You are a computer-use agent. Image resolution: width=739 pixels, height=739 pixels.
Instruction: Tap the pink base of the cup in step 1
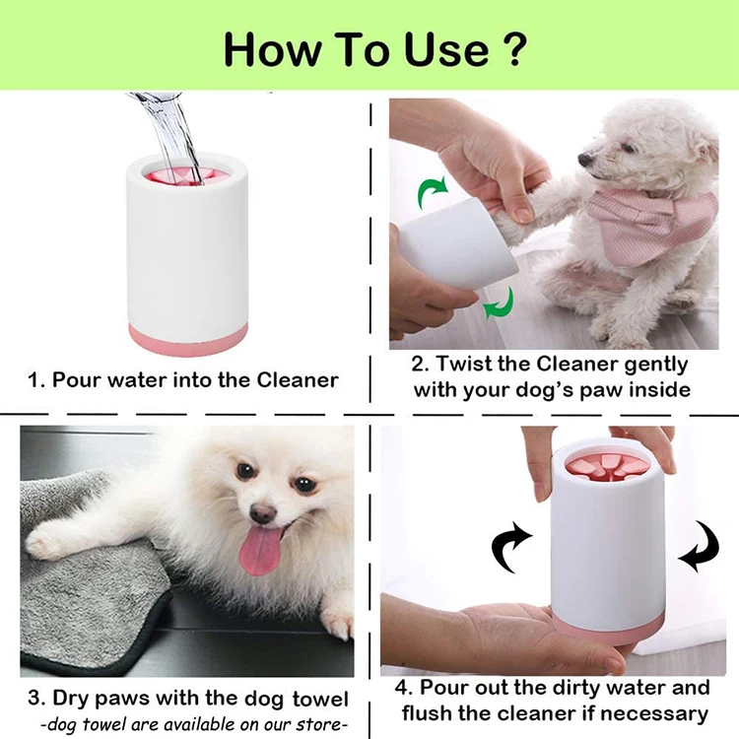pos(188,339)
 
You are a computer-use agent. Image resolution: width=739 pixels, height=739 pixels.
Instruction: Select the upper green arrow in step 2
pos(430,191)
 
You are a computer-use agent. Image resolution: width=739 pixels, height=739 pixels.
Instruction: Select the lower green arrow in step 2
pos(500,304)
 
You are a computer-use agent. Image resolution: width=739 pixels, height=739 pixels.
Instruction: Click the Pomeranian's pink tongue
pos(256,551)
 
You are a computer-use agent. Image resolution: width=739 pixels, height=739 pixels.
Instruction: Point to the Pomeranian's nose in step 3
pos(262,513)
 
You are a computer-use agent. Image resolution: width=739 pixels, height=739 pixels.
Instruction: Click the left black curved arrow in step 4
pos(510,547)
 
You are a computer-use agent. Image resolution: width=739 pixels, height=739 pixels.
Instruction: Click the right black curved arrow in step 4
pos(700,547)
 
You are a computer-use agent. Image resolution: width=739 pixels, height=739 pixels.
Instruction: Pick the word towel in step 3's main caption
pos(320,699)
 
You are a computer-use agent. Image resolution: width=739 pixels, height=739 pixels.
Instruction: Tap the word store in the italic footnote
pos(320,724)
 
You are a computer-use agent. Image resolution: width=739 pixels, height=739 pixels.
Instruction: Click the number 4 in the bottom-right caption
pos(401,688)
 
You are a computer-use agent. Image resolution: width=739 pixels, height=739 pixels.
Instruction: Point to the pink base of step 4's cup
pos(608,634)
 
